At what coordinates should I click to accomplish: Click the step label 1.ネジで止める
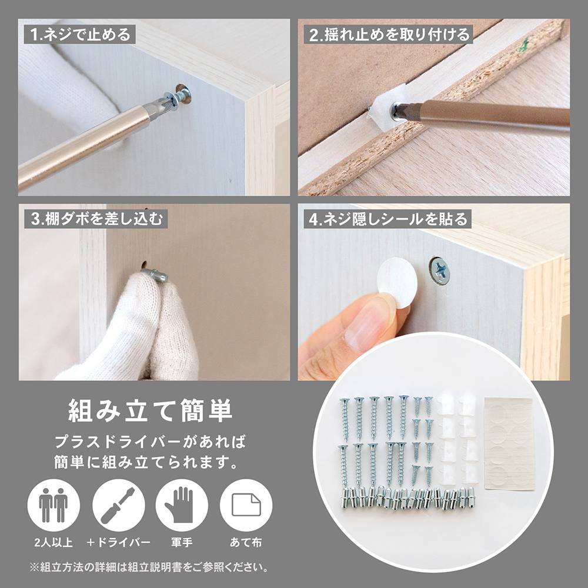[x=81, y=34]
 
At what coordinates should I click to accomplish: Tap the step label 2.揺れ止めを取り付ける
[x=390, y=35]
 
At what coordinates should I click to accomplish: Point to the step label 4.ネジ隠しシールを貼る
[x=389, y=219]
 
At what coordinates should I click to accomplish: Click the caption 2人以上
[x=53, y=543]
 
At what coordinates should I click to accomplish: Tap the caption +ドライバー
[x=118, y=543]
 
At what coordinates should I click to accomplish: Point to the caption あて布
[x=246, y=543]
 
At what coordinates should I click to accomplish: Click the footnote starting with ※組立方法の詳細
[x=151, y=568]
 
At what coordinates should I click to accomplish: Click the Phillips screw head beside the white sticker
[x=440, y=270]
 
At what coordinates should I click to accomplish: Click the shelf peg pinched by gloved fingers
[x=155, y=273]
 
